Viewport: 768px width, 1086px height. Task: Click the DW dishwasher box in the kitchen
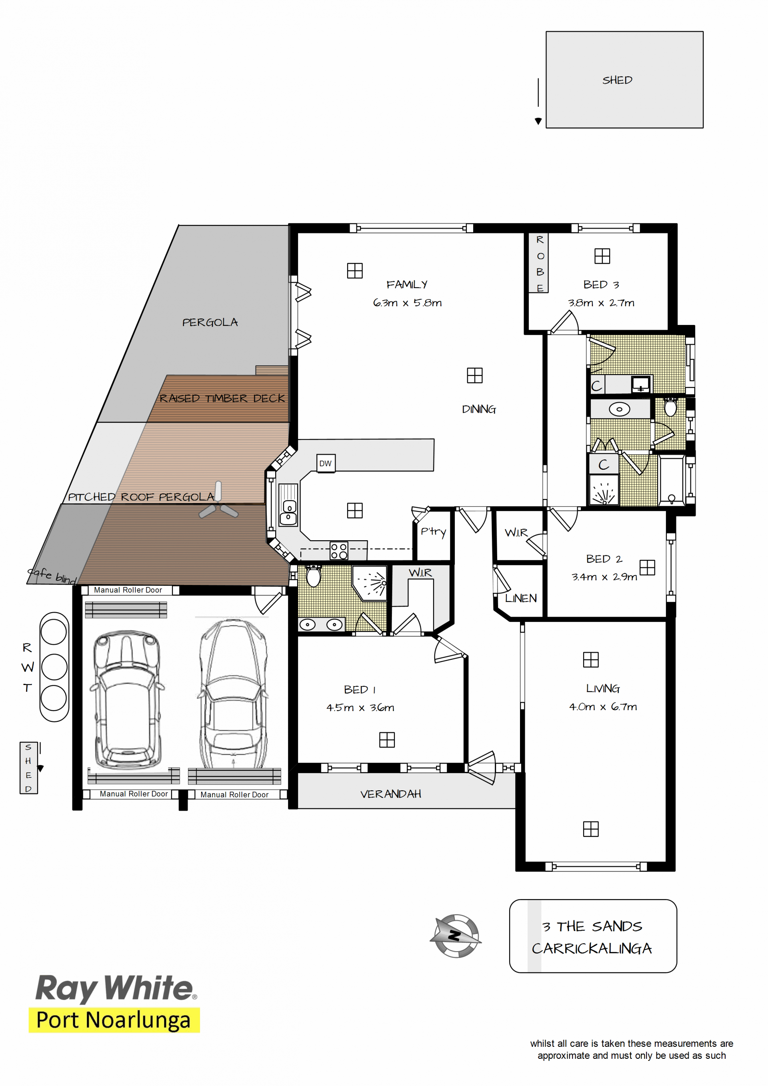tap(325, 463)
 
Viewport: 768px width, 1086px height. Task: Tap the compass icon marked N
tap(456, 935)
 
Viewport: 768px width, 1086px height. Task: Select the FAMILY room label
tap(407, 284)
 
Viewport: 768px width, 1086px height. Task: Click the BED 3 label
tap(601, 284)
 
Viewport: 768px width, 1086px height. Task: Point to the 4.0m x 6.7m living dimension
tap(603, 706)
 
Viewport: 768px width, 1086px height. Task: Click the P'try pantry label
tap(433, 532)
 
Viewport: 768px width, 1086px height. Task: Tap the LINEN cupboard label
tap(521, 598)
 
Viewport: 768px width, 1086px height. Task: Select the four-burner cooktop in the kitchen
tap(339, 551)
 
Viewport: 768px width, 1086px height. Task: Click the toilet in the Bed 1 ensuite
tap(313, 575)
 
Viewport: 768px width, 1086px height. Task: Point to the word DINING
tap(479, 409)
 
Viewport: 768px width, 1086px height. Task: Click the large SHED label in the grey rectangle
tap(617, 80)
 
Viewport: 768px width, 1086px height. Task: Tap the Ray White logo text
tap(116, 989)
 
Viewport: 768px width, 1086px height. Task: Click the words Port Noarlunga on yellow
tap(114, 1020)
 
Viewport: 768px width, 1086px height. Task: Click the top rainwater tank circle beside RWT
tap(54, 632)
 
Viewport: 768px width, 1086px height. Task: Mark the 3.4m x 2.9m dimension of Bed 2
tap(604, 577)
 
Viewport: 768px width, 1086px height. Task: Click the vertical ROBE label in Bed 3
tap(540, 263)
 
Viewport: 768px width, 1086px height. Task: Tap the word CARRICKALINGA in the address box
tap(592, 948)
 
